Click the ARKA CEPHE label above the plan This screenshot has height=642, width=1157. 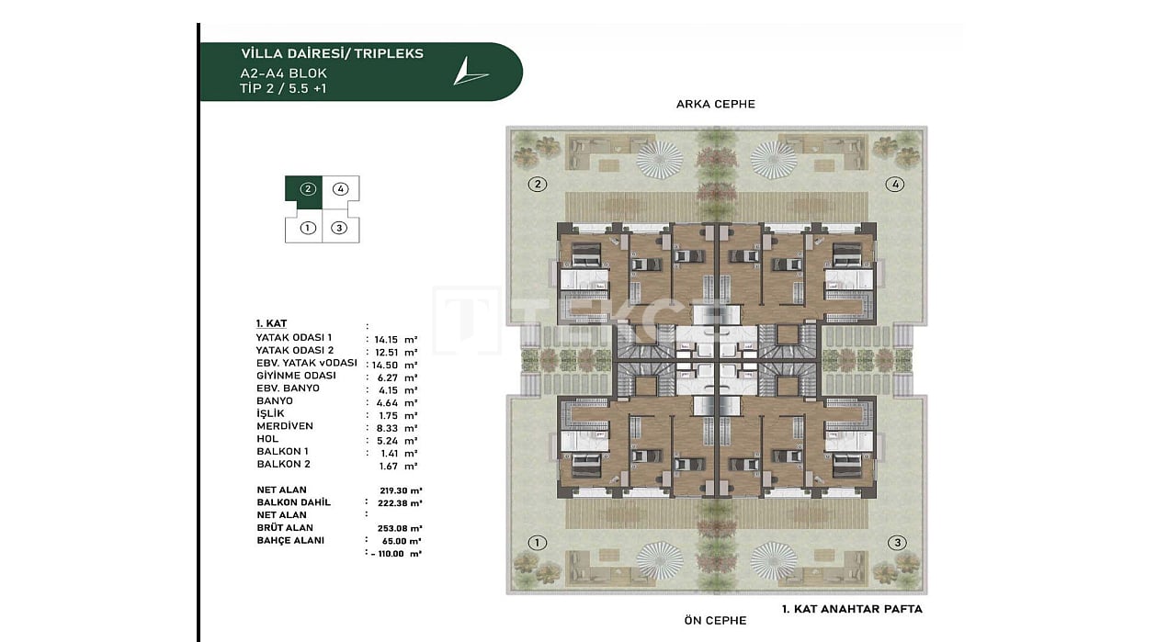point(715,105)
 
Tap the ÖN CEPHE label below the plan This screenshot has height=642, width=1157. point(715,620)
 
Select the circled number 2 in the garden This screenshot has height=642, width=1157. point(538,185)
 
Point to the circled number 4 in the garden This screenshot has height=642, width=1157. point(895,185)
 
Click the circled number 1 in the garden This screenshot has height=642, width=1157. point(538,543)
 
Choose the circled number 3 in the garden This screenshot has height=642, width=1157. point(897,543)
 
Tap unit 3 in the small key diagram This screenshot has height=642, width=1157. point(339,228)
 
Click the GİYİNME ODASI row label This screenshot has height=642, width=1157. point(296,376)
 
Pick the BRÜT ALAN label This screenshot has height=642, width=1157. point(285,527)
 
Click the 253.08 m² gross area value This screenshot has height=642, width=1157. point(400,528)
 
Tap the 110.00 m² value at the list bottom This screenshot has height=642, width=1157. point(396,554)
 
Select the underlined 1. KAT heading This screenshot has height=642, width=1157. point(271,323)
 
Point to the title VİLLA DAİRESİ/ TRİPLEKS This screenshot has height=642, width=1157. point(332,53)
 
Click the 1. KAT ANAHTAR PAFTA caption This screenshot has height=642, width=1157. point(852,609)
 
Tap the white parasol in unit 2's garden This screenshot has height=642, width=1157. point(660,160)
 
